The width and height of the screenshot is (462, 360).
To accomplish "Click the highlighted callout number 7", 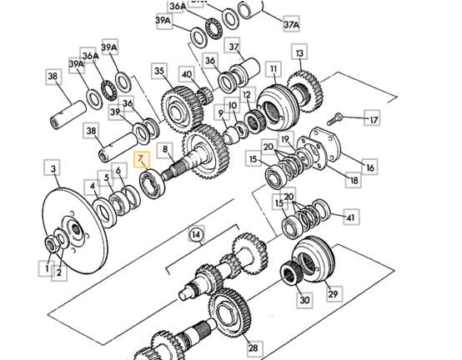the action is coord(142,159).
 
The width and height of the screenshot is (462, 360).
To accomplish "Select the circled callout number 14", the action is coord(196,235).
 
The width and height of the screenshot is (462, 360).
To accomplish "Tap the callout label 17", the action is coord(372,118).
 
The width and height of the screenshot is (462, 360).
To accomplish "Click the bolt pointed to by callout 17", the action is coord(334,119).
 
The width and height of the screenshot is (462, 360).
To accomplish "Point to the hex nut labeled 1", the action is coord(52,244).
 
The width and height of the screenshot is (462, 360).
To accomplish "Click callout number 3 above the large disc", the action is coord(53,167).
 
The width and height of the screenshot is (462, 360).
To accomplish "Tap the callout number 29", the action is coord(334,293).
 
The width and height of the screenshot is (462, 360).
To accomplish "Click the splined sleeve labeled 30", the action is coord(290,272).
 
